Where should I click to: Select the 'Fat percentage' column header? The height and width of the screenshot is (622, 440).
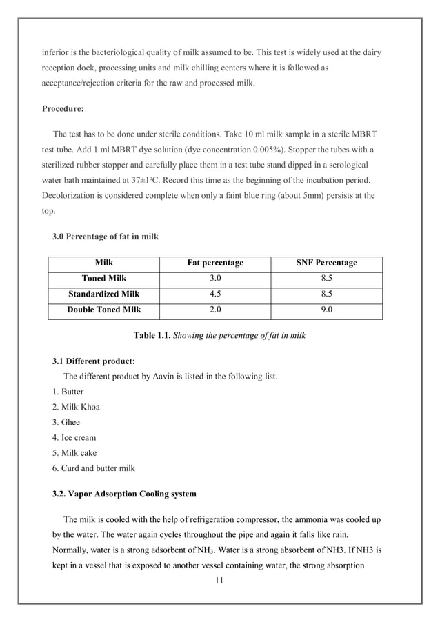click(x=215, y=263)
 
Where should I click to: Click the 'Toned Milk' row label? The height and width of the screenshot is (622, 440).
click(x=103, y=279)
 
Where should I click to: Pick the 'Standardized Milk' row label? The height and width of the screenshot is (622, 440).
click(x=103, y=294)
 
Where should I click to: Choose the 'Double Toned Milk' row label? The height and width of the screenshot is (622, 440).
click(x=103, y=310)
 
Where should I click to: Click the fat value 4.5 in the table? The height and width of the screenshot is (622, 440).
click(x=215, y=294)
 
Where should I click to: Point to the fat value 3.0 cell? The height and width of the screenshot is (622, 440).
click(x=215, y=279)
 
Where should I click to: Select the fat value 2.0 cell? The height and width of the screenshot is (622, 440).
click(x=215, y=310)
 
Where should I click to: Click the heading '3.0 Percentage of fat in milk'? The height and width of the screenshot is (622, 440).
click(x=106, y=237)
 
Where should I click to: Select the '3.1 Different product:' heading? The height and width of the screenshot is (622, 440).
click(x=94, y=361)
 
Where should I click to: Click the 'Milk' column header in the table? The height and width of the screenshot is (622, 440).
click(x=103, y=263)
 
